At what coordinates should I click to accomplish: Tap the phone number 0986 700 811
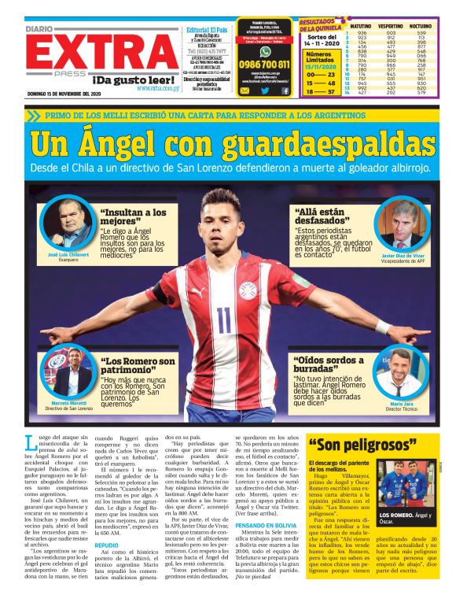click(264, 65)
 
